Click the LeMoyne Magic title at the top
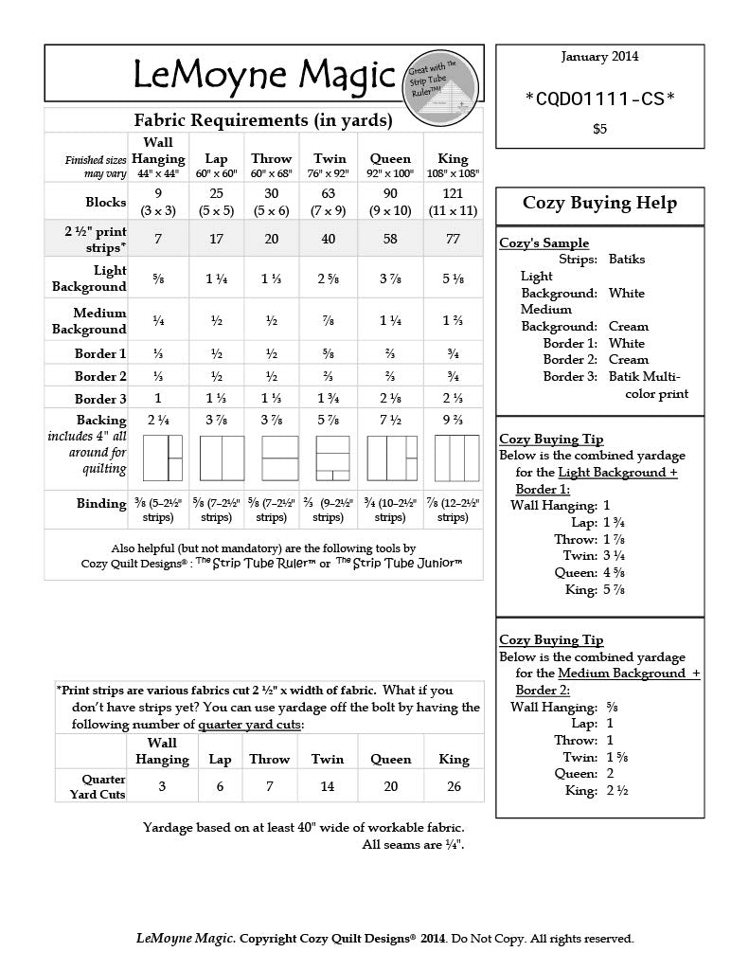263,74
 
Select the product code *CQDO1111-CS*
599,98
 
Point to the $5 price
599,129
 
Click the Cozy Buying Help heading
599,203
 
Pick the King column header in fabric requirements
454,158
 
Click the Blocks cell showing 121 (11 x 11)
454,201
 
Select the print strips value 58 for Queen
390,239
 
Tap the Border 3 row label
100,398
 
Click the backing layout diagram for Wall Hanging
162,458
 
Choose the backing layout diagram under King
456,458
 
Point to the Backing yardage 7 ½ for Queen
390,420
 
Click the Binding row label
101,503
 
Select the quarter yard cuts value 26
454,786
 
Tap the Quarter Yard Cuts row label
98,786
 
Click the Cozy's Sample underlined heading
544,243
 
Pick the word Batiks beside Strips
627,259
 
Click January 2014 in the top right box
599,56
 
